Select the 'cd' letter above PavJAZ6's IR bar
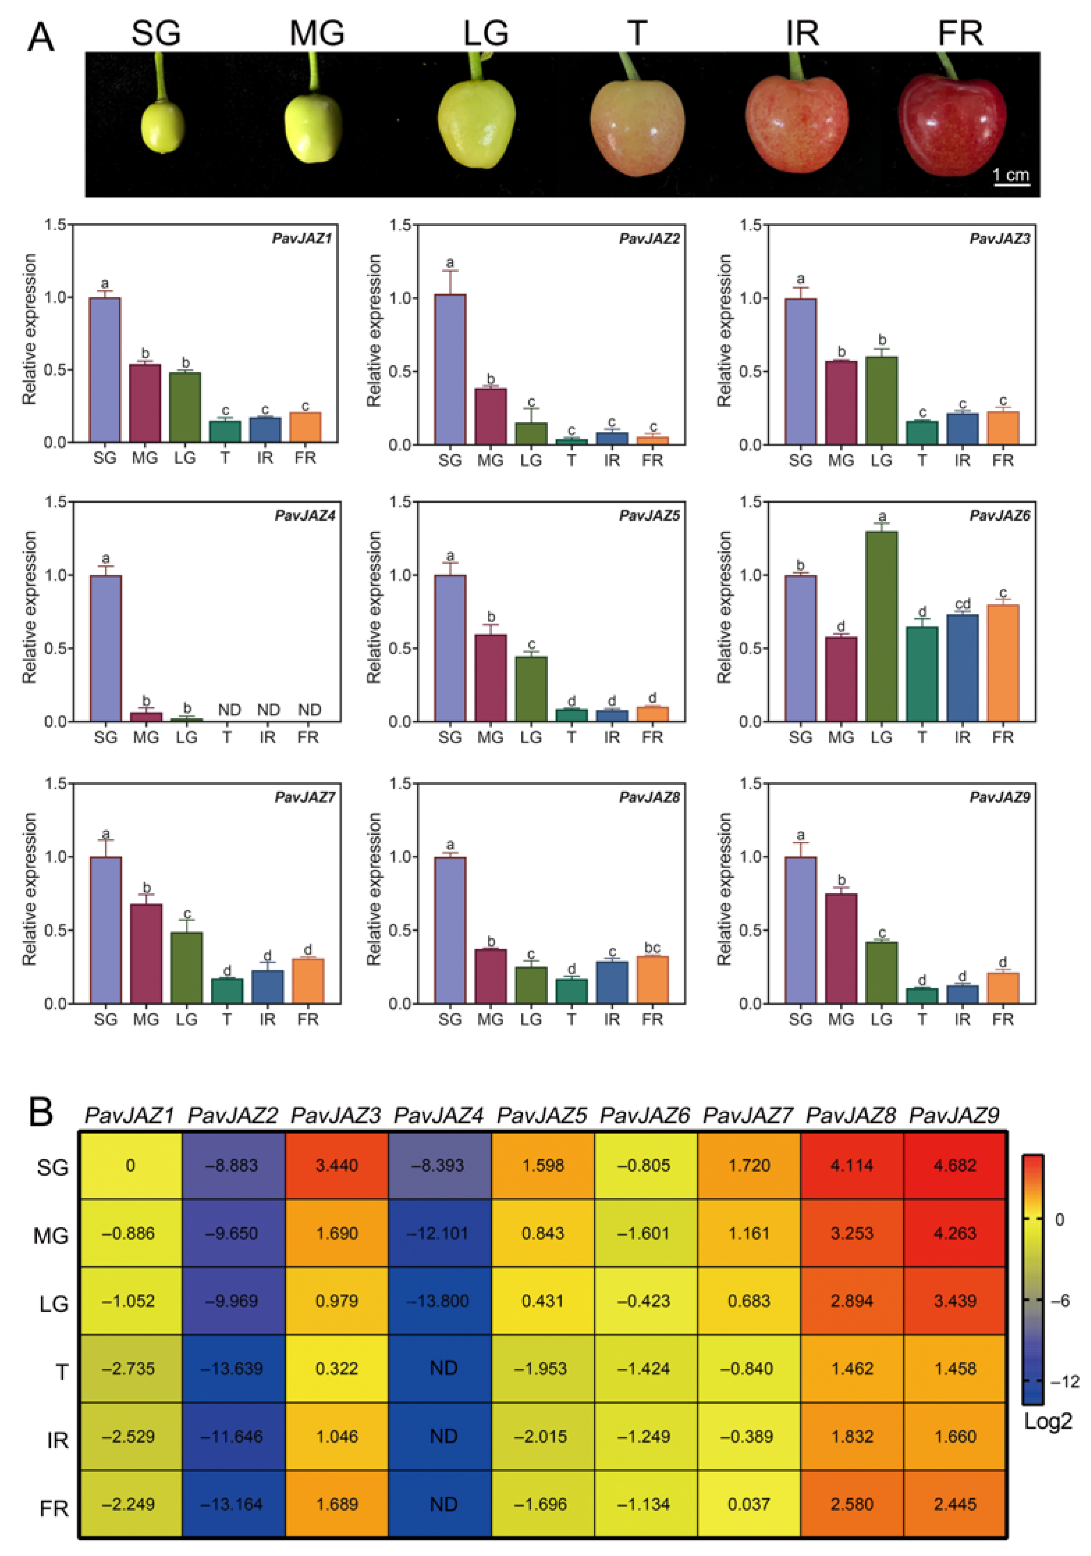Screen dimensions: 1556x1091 962,603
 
